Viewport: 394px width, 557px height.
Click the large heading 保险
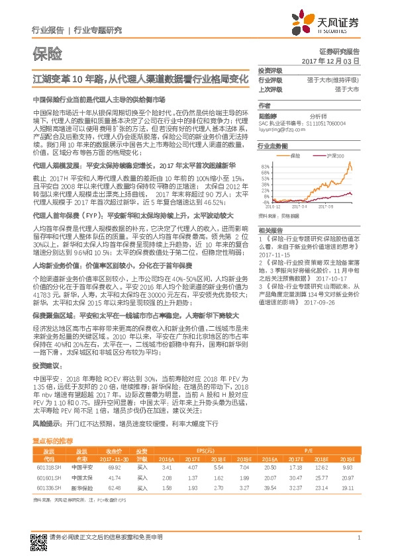click(48, 52)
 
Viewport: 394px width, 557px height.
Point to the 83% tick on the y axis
click(264, 166)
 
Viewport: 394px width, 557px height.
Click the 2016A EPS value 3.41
click(166, 466)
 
